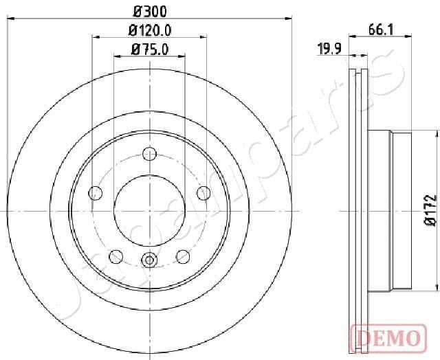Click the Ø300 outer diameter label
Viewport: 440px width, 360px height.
[149, 12]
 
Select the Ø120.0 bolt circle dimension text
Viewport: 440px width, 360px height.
[149, 30]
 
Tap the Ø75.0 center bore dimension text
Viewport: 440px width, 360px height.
[149, 49]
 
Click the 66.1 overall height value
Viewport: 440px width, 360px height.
[380, 29]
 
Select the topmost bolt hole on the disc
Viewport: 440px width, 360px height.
[149, 154]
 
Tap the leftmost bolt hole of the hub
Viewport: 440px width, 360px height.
[96, 193]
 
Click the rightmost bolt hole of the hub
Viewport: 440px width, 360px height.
[203, 193]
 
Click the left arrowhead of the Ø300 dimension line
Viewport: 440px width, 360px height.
[11, 20]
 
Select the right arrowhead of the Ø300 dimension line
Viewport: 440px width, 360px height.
[289, 20]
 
